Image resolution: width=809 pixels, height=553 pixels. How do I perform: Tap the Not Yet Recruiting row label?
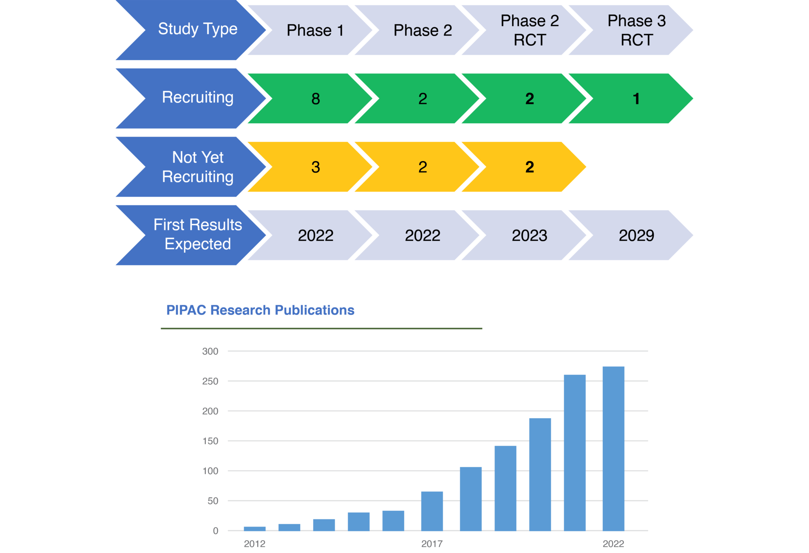198,167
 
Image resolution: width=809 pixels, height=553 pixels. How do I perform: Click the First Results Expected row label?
198,235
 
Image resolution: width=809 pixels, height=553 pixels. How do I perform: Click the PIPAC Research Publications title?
260,310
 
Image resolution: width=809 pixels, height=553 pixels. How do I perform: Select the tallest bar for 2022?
613,448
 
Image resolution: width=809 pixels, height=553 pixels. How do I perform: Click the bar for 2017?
432,511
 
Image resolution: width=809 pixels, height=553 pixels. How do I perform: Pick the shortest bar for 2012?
254,529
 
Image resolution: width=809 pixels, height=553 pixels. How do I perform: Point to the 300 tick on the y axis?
210,351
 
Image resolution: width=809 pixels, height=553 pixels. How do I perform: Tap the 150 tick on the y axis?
210,441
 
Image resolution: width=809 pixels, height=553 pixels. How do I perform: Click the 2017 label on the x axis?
432,544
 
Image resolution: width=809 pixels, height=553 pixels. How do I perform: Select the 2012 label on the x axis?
254,544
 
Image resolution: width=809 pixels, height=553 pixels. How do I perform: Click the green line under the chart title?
321,328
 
